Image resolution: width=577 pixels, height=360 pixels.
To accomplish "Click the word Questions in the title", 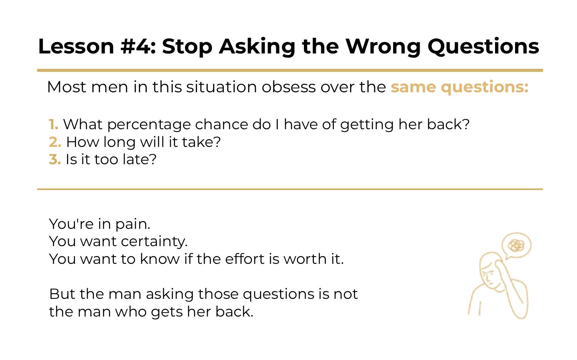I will coord(483,47).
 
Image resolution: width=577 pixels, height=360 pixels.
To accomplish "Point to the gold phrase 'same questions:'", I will coord(460,87).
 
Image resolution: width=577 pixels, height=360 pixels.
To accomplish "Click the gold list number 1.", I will coord(53,125).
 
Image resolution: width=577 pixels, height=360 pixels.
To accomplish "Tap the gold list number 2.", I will coord(55,142).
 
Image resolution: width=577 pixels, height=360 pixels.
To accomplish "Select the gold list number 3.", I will coord(55,160).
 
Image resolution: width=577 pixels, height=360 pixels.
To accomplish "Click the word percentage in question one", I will coord(149,125).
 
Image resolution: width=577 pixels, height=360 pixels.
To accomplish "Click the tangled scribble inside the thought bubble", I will coord(516,245).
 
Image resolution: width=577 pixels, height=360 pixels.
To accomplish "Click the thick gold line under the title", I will coord(290,70).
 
